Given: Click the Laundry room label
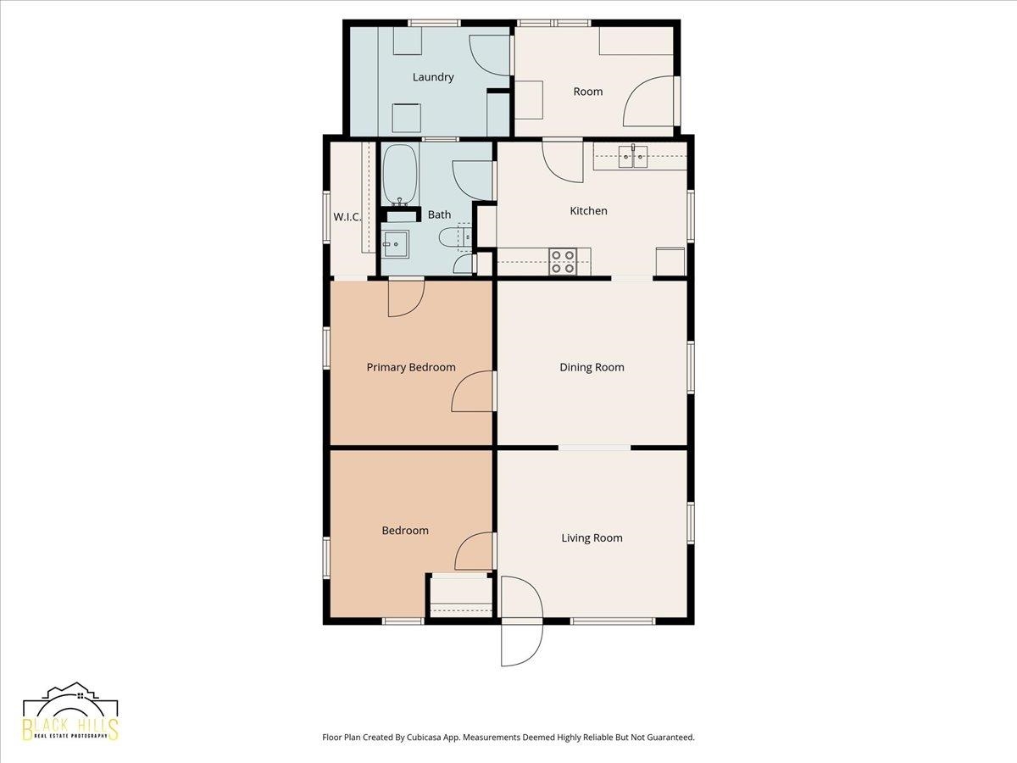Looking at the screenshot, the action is coord(433,77).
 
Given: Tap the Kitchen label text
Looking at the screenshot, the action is coord(588,211).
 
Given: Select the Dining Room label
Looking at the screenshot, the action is coord(592,367).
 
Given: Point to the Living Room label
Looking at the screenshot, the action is coord(592,537).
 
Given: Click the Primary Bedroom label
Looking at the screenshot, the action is coord(411,367).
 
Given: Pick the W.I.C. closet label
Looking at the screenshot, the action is coord(347,217).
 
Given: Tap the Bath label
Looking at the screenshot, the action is coord(439,214).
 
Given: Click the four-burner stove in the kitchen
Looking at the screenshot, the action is coord(563,262).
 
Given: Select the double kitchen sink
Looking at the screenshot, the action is coord(633,157).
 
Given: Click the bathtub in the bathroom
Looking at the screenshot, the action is coord(400,175).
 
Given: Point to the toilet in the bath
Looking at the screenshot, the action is coord(455,237).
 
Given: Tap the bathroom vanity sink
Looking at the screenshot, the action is coord(395,243).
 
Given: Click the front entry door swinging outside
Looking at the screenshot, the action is coord(522,643).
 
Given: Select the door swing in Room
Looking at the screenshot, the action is coord(647,101).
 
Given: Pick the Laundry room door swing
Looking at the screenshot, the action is coord(490,55).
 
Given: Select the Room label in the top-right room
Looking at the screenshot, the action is coord(588,92).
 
